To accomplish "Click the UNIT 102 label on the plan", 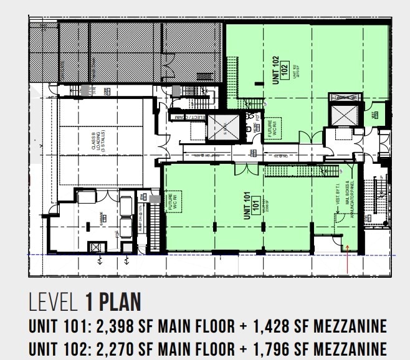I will point(275,66).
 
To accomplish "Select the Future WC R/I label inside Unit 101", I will point(170,202).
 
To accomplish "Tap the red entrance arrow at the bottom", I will point(346,259).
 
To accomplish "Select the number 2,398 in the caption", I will point(115,326).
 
